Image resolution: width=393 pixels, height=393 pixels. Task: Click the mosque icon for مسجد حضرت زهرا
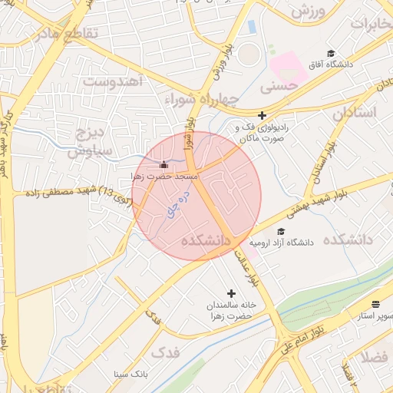[163, 164]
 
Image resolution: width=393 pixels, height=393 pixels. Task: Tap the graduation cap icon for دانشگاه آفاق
[331, 54]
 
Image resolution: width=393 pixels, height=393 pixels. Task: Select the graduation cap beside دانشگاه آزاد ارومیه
[281, 231]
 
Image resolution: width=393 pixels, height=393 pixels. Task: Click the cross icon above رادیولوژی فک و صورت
[262, 115]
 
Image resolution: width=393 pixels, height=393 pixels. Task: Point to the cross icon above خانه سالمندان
[232, 293]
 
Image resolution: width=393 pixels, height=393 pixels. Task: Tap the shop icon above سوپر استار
[375, 304]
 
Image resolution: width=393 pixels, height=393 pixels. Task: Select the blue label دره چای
[174, 206]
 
